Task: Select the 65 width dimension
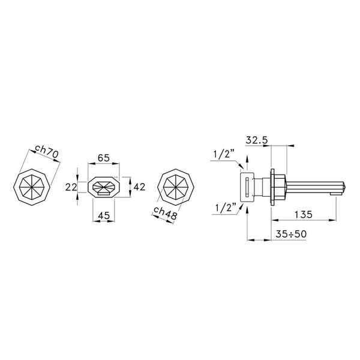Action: (103, 158)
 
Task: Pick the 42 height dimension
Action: (139, 187)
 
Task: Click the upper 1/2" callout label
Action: (223, 154)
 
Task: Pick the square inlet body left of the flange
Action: (247, 187)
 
